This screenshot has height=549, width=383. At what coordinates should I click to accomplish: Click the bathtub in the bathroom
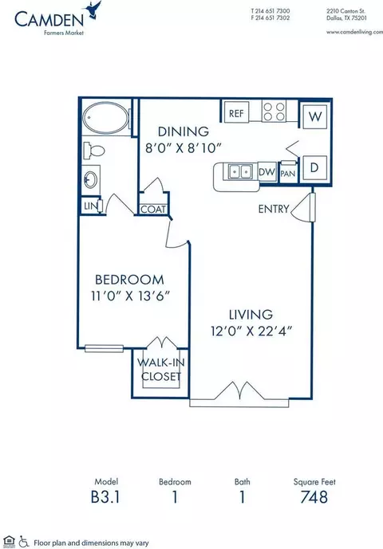(x=105, y=118)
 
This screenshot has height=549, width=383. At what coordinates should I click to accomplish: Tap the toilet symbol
(x=94, y=151)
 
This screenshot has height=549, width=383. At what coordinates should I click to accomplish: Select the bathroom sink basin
(x=91, y=179)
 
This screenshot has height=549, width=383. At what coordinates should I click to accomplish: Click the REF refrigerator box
(x=236, y=112)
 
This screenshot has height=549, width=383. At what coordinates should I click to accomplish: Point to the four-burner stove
(x=274, y=111)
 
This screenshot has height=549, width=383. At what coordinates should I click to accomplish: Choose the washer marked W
(x=315, y=116)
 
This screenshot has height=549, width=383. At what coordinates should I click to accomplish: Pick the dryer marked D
(x=314, y=168)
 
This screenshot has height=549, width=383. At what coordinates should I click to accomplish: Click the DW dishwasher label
(x=267, y=172)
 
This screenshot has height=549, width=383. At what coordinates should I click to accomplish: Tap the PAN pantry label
(x=288, y=174)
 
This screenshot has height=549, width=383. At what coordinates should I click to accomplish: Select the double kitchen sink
(x=240, y=171)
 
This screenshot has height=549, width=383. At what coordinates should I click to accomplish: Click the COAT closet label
(x=153, y=210)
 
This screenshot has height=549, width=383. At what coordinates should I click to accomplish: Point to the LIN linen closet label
(x=90, y=206)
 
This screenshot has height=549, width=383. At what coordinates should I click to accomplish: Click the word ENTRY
(x=274, y=209)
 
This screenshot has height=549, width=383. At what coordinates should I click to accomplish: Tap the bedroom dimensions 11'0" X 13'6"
(x=130, y=296)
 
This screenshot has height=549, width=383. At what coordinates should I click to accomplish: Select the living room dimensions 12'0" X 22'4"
(x=251, y=331)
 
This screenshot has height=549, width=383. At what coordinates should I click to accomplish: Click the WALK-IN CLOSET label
(x=161, y=370)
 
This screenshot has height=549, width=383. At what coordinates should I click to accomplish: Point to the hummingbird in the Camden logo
(x=93, y=10)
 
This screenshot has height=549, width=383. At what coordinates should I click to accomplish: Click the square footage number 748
(x=314, y=497)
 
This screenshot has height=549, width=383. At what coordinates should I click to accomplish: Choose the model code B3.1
(x=105, y=497)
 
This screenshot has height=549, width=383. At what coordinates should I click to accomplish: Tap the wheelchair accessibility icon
(x=24, y=541)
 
